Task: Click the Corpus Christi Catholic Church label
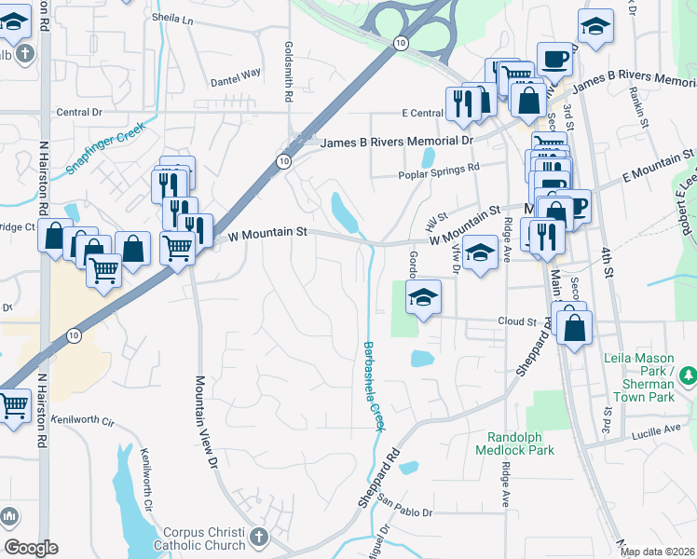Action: pos(199,538)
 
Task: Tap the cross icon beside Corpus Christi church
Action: pos(258,538)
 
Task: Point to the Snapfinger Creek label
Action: pos(106,149)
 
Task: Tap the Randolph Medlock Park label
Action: pos(520,443)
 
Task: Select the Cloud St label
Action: pos(518,321)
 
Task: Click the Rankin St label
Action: pos(638,102)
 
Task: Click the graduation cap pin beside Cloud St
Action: pos(423,298)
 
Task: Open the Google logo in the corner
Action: pos(31,548)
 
